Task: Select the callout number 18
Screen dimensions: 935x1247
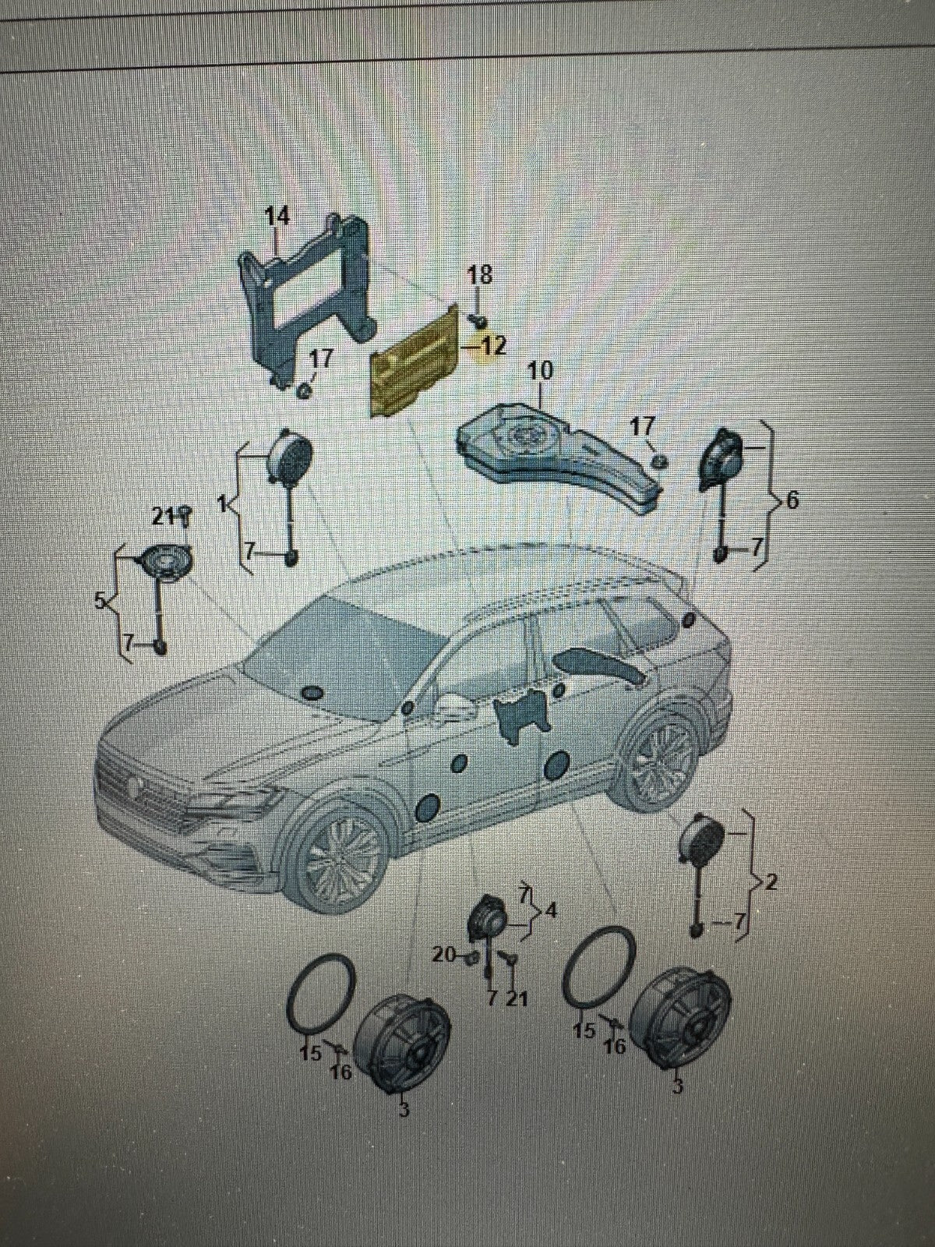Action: [x=480, y=275]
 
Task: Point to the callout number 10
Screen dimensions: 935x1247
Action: [x=539, y=371]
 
